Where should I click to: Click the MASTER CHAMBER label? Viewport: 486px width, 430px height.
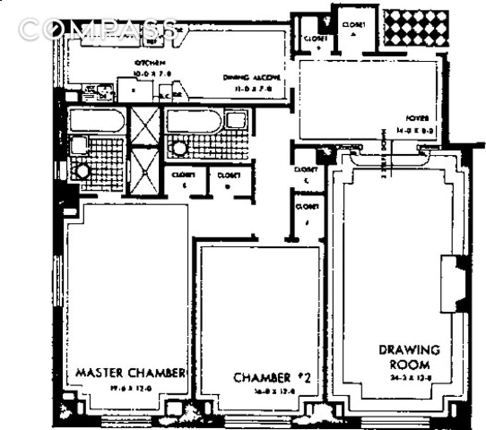click(130, 372)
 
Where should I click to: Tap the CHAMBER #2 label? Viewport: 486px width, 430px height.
click(272, 378)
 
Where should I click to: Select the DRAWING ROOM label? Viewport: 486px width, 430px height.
click(409, 357)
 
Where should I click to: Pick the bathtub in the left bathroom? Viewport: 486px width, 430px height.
click(97, 120)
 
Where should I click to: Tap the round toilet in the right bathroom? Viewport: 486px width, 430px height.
click(179, 148)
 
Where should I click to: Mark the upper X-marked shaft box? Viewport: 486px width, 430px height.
click(145, 126)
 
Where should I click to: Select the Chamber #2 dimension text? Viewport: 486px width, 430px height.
click(273, 391)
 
